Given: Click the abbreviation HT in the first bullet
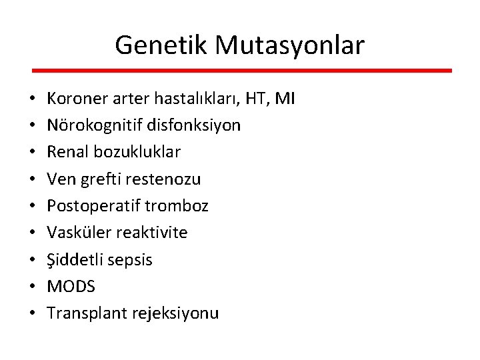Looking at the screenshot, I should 255,99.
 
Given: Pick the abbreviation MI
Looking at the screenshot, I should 285,99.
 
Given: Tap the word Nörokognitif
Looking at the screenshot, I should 89,125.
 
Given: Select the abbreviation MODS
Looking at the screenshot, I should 71,287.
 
